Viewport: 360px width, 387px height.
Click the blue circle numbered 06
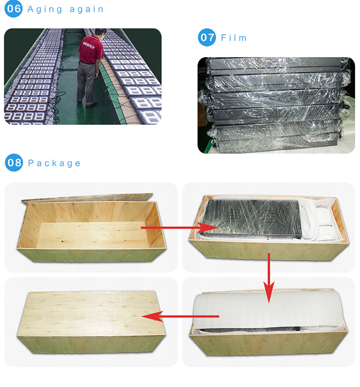point(13,9)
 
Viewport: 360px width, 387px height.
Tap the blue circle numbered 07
point(207,37)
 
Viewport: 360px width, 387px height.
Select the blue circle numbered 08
point(14,162)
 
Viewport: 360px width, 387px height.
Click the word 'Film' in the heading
point(234,38)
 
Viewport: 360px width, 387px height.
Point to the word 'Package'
point(54,163)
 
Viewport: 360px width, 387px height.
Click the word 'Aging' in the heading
point(45,9)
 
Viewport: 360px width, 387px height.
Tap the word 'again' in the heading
point(86,9)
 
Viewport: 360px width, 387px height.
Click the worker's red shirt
point(91,49)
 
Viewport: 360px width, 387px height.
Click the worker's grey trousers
point(86,82)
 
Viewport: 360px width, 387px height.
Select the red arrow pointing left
point(180,317)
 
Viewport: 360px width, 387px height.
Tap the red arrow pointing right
point(180,227)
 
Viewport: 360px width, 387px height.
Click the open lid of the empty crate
point(88,197)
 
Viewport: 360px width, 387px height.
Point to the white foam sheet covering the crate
point(268,312)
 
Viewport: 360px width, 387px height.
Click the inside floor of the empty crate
point(93,235)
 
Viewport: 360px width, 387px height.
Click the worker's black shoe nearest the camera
point(91,105)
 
